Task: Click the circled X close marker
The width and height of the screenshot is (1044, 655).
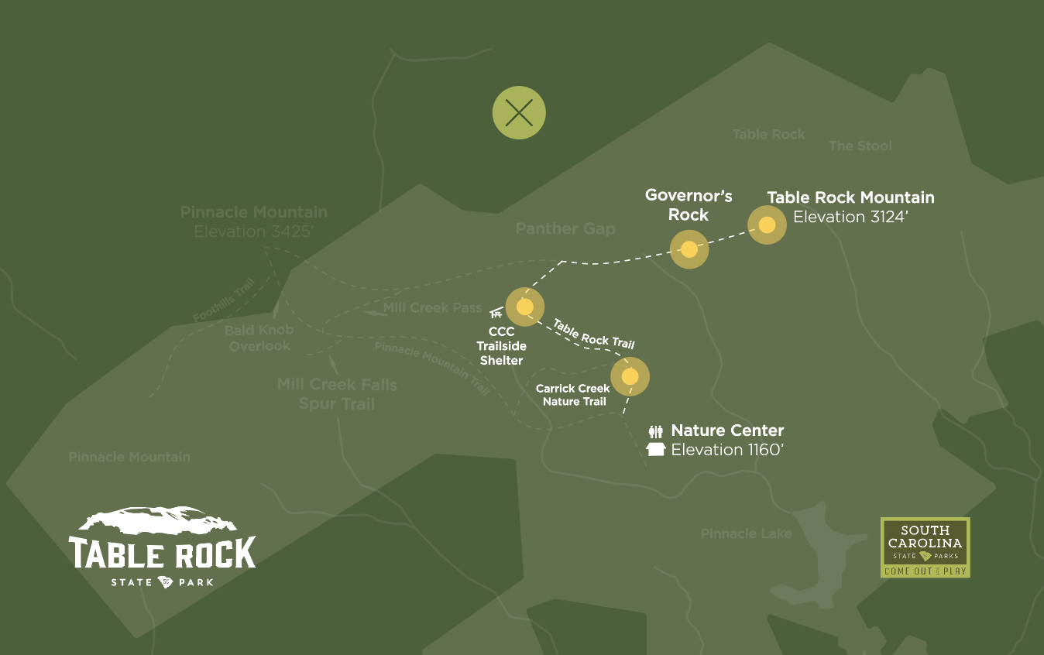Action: click(x=519, y=113)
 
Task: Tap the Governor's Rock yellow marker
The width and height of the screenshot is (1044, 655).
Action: click(x=689, y=249)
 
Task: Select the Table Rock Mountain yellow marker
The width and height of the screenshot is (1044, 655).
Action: click(x=767, y=225)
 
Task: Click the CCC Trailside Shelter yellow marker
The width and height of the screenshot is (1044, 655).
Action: click(x=525, y=307)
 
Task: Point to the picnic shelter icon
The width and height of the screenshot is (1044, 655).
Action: click(x=496, y=314)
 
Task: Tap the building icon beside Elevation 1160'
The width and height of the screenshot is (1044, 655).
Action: click(x=656, y=450)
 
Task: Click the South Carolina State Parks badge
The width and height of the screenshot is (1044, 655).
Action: click(x=926, y=547)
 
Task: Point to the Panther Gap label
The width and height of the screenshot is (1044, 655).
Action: click(x=565, y=228)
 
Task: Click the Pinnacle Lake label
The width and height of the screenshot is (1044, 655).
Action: click(x=746, y=533)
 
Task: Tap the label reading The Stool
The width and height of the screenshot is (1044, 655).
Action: click(x=860, y=146)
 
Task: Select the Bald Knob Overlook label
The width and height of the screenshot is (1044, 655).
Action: click(x=259, y=338)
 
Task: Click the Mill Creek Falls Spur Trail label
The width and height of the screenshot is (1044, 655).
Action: click(x=337, y=394)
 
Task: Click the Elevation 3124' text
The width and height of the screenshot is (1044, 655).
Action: click(x=850, y=217)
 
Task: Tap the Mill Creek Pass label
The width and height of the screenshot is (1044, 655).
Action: click(x=432, y=308)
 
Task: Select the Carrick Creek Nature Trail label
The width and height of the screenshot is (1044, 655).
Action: click(x=573, y=395)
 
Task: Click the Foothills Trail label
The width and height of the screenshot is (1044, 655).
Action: click(x=224, y=300)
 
